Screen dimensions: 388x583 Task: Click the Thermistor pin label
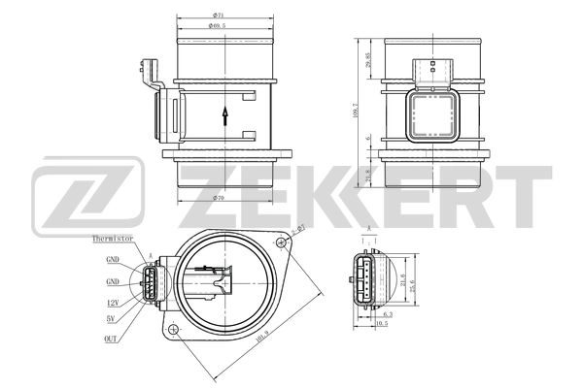pyautogui.click(x=112, y=238)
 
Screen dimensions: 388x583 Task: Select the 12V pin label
pyautogui.click(x=113, y=303)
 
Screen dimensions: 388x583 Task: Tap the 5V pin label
pyautogui.click(x=114, y=317)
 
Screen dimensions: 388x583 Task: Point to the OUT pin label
pyautogui.click(x=111, y=339)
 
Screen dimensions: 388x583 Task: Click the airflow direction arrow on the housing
pyautogui.click(x=225, y=115)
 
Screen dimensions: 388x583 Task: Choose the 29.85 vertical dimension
pyautogui.click(x=369, y=61)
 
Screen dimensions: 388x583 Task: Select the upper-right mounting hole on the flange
pyautogui.click(x=281, y=240)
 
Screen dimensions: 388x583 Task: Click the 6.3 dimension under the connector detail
pyautogui.click(x=388, y=314)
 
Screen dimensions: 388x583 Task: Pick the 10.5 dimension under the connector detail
pyautogui.click(x=382, y=324)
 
